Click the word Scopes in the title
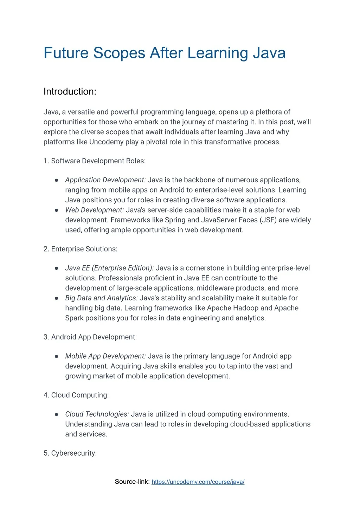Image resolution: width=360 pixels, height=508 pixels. point(119,53)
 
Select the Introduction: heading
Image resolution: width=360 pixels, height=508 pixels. point(70,92)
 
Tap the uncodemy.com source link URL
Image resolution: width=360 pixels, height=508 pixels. point(198,482)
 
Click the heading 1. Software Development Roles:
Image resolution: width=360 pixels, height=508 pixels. point(95,161)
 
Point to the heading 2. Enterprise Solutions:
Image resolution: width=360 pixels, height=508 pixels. point(81,249)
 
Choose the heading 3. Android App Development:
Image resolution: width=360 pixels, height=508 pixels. point(90,337)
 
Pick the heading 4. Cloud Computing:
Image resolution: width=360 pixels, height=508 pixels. point(76,395)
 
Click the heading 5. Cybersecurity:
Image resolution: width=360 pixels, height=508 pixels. point(70,453)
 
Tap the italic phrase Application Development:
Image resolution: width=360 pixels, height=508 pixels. point(105,180)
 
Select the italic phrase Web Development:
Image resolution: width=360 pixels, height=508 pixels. point(95,210)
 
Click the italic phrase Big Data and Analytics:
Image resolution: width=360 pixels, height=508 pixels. point(101,298)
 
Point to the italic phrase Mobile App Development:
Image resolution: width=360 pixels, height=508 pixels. point(105,356)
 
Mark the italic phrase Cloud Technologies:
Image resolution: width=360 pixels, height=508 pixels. point(97,414)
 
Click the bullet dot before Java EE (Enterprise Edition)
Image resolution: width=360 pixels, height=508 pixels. point(56,268)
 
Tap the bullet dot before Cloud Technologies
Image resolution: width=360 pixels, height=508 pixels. point(56,415)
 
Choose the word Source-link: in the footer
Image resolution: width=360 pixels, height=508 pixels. point(132,482)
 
